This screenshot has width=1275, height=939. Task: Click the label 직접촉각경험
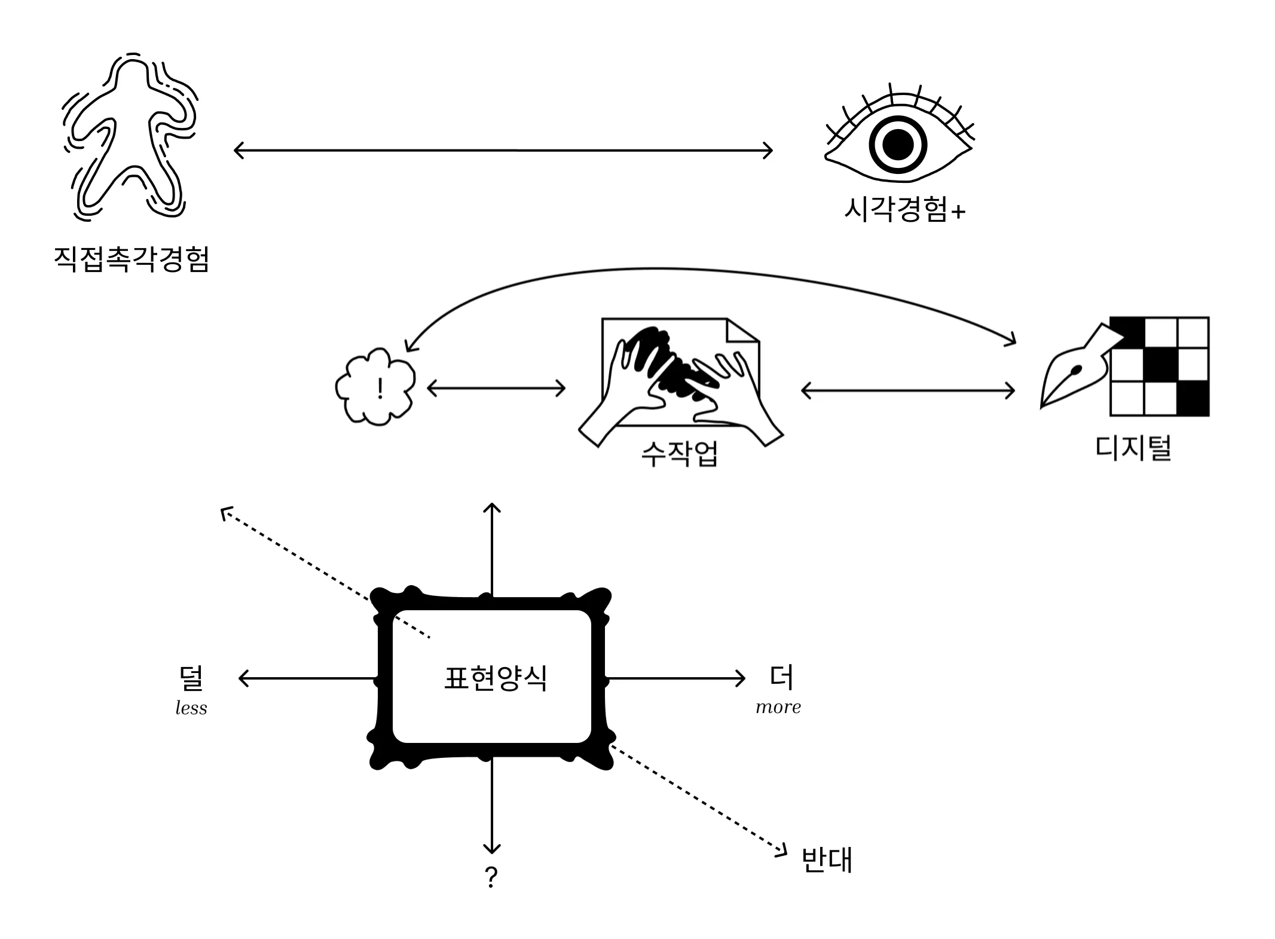(132, 259)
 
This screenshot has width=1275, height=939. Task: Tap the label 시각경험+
(904, 210)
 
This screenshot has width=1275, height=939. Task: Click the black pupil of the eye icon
(898, 145)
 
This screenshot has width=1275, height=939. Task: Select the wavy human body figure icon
(129, 137)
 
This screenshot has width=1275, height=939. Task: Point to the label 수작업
(679, 454)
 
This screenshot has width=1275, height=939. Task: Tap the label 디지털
(1133, 448)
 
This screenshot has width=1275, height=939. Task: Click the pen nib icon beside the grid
(1073, 374)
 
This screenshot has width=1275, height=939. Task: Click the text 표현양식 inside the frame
(496, 678)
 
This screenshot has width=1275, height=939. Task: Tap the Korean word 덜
(191, 677)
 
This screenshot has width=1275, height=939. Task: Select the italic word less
(191, 708)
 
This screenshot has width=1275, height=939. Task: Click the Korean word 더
(781, 677)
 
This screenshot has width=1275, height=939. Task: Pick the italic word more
(778, 707)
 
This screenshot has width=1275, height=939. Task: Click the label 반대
(827, 860)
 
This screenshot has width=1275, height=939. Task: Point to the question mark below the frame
(491, 877)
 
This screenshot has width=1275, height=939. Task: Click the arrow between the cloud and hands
(496, 389)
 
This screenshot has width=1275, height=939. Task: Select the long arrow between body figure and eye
(503, 150)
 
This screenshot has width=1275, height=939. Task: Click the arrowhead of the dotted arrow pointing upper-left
(225, 512)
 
